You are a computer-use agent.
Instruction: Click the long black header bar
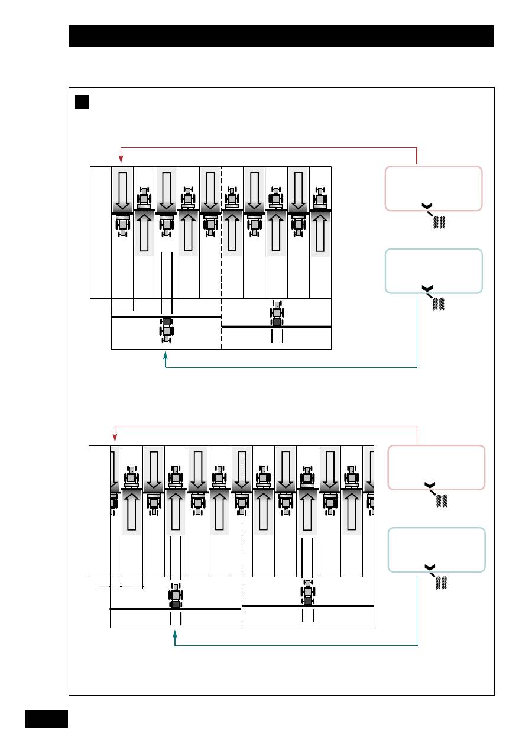(281, 36)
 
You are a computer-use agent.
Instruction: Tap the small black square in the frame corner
(82, 102)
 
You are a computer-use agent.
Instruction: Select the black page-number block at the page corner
(47, 719)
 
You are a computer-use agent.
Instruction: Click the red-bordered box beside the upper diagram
(433, 188)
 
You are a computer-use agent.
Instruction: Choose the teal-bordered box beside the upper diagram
(433, 270)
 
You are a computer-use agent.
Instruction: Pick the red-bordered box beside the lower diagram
(436, 467)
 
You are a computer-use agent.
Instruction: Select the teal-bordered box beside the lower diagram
(436, 549)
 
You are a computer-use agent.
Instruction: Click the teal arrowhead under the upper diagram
(166, 357)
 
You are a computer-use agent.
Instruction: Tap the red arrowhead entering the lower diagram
(113, 438)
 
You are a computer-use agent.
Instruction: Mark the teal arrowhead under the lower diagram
(175, 635)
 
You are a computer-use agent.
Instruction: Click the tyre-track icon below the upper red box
(439, 223)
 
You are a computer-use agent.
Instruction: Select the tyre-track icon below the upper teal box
(439, 305)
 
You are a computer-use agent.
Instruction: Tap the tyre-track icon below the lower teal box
(441, 583)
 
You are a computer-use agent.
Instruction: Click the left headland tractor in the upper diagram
(167, 328)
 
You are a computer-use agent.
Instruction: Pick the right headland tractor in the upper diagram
(277, 314)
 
